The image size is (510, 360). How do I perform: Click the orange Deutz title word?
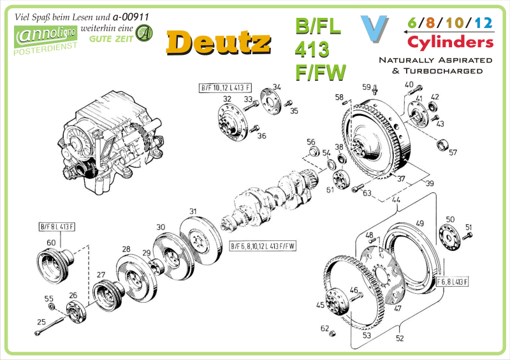tap(217, 41)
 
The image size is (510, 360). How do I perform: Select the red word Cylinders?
tap(451, 43)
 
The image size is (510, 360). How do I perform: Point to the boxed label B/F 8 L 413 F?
tap(57, 227)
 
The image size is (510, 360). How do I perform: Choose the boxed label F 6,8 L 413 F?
tap(453, 282)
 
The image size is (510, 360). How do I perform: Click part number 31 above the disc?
tap(193, 212)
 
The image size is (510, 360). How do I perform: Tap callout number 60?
tap(51, 242)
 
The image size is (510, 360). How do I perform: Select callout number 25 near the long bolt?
tap(41, 322)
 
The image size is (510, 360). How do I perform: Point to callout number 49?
tap(419, 224)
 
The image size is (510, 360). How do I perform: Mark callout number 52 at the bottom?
tap(400, 338)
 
